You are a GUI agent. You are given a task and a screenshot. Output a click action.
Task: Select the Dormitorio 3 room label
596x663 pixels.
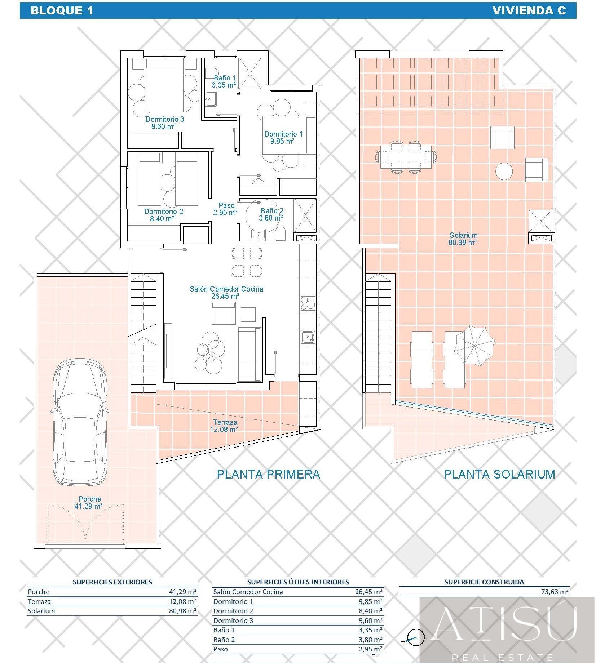click(x=164, y=123)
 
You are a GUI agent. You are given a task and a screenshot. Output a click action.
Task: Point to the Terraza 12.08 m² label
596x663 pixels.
click(x=225, y=426)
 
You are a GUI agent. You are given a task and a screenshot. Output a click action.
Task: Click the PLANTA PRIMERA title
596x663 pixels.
click(x=268, y=474)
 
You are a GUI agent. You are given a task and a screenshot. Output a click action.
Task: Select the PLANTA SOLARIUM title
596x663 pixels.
click(x=499, y=474)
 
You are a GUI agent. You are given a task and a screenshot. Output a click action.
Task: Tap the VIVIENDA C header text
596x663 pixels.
click(x=529, y=10)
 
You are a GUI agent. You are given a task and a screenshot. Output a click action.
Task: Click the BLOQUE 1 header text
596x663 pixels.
click(x=62, y=10)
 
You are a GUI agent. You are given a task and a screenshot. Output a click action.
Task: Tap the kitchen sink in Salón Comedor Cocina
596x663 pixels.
click(x=308, y=337)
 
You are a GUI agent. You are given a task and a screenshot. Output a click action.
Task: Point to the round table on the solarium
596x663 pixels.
click(x=504, y=171)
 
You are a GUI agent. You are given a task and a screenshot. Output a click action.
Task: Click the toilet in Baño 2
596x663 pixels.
click(x=280, y=234)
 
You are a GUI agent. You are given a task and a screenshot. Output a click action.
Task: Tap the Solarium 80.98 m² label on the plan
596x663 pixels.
click(x=463, y=239)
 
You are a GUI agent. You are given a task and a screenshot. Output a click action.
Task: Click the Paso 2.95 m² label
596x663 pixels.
click(x=225, y=209)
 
